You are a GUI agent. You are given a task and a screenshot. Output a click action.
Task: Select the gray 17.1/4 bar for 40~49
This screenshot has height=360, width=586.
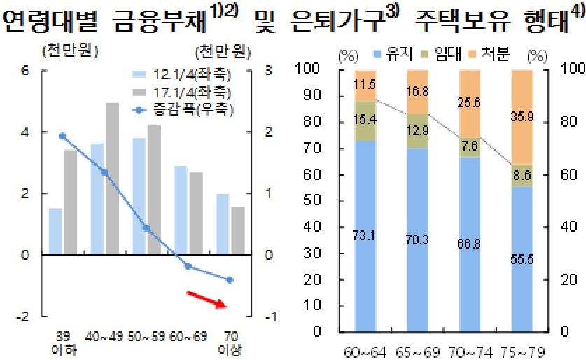tap(112, 179)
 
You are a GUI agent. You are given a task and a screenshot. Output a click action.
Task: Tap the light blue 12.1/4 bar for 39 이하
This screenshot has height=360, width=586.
tap(55, 231)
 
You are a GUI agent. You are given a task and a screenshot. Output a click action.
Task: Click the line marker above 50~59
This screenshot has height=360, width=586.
tap(146, 228)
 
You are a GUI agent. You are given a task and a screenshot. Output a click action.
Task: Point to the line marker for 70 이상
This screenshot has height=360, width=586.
tap(230, 279)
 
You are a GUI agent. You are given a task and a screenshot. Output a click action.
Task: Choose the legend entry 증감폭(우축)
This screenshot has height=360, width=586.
tap(183, 109)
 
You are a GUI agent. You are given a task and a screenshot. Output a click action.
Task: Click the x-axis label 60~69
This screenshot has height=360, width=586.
tap(187, 336)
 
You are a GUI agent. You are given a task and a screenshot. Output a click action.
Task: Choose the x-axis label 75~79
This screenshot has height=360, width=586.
tap(531, 350)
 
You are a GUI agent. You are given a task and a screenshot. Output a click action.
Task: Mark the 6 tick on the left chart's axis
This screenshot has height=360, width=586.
tap(26, 70)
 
